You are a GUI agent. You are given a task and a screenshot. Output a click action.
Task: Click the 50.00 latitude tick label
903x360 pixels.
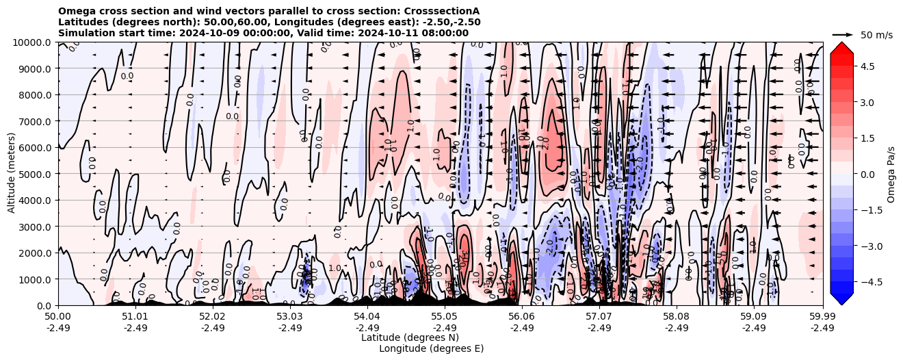(58, 317)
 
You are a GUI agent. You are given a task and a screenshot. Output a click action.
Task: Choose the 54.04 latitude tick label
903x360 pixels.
(367, 317)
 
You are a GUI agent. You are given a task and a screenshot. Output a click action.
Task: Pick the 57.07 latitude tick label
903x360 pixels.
(599, 317)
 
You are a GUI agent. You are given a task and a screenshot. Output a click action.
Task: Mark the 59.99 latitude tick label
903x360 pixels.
(822, 317)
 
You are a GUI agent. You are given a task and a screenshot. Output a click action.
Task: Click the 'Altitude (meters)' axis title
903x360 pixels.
(12, 174)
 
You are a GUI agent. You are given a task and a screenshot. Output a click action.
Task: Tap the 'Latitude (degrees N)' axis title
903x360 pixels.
(410, 337)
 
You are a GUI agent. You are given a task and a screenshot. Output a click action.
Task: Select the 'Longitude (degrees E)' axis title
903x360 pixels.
(431, 348)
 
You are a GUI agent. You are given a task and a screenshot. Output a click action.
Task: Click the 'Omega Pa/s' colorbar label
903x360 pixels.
(891, 174)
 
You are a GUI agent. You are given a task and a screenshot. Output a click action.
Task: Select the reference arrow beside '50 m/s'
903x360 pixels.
(843, 34)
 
